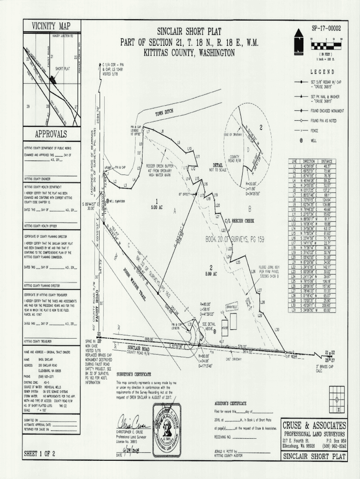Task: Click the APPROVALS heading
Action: point(51,134)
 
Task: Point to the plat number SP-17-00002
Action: point(326,29)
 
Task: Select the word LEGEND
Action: point(322,72)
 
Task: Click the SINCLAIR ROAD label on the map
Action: point(139,348)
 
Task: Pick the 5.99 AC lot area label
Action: point(211,274)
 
